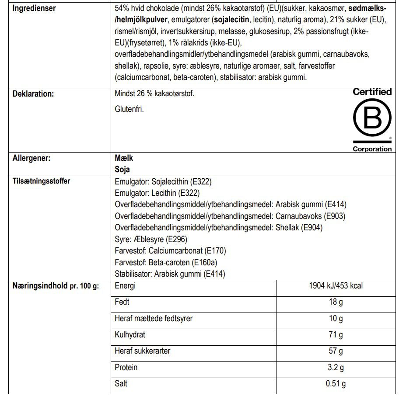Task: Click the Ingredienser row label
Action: pos(34,8)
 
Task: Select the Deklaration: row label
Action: pos(33,94)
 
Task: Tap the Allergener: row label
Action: pos(31,158)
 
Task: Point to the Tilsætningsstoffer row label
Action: pos(41,181)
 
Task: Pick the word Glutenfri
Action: pos(129,109)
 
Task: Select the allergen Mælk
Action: pos(124,158)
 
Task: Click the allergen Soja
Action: pos(122,169)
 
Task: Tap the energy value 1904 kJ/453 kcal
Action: pos(336,286)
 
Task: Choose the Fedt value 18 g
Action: pos(336,302)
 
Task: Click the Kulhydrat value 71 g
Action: pos(336,335)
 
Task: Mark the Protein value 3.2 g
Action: pos(336,367)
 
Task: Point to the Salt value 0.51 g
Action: pos(336,384)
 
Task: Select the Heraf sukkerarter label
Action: pos(143,351)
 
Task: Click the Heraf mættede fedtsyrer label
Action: pos(154,319)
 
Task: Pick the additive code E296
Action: pos(178,239)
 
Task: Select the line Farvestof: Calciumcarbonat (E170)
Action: pos(170,251)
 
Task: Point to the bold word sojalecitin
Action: pos(231,19)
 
